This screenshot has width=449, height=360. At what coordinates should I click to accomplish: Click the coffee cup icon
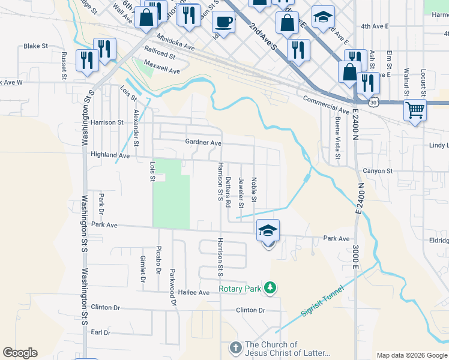[x=223, y=23]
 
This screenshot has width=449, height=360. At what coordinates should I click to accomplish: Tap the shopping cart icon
[x=415, y=110]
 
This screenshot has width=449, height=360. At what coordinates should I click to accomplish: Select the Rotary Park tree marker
[x=271, y=289]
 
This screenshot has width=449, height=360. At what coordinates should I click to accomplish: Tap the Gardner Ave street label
[x=203, y=143]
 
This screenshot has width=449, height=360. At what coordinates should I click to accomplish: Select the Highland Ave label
[x=110, y=155]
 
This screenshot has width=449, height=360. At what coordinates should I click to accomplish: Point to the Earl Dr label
[x=100, y=332]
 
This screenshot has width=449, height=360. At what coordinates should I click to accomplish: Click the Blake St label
[x=35, y=46]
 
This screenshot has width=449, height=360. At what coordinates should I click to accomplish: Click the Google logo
[x=20, y=353]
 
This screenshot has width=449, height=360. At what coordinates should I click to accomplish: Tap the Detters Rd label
[x=228, y=192]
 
